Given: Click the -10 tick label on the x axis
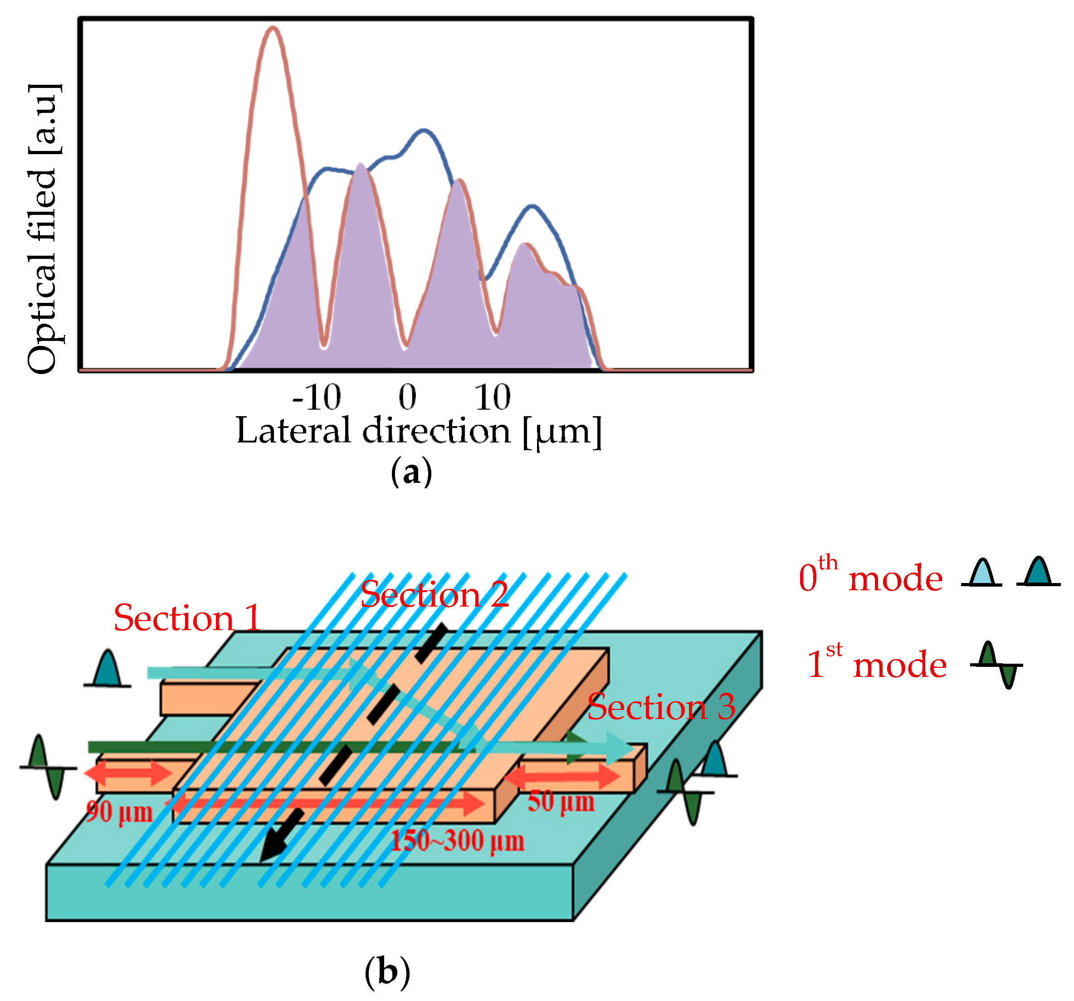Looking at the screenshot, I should click(x=316, y=398).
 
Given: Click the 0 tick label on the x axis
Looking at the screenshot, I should click(x=407, y=398).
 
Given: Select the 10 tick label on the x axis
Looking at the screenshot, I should click(x=492, y=398).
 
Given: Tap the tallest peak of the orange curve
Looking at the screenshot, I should click(x=273, y=29).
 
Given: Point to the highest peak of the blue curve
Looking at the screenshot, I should click(x=424, y=130).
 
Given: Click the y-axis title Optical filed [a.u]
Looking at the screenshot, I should click(x=43, y=229).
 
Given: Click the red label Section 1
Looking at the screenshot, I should click(x=187, y=618).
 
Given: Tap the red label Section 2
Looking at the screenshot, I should click(x=434, y=595).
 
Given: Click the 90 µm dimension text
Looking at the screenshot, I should click(x=120, y=811).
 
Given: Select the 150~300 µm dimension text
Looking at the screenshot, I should click(x=457, y=841).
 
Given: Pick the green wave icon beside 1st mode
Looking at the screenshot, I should click(x=997, y=665).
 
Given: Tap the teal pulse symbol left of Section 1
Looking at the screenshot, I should click(x=107, y=670).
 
